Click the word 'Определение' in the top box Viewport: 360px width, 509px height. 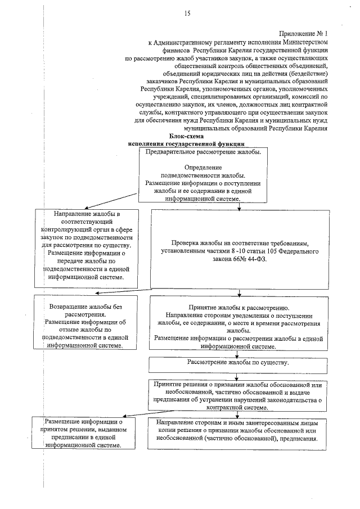[x=203, y=168]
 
